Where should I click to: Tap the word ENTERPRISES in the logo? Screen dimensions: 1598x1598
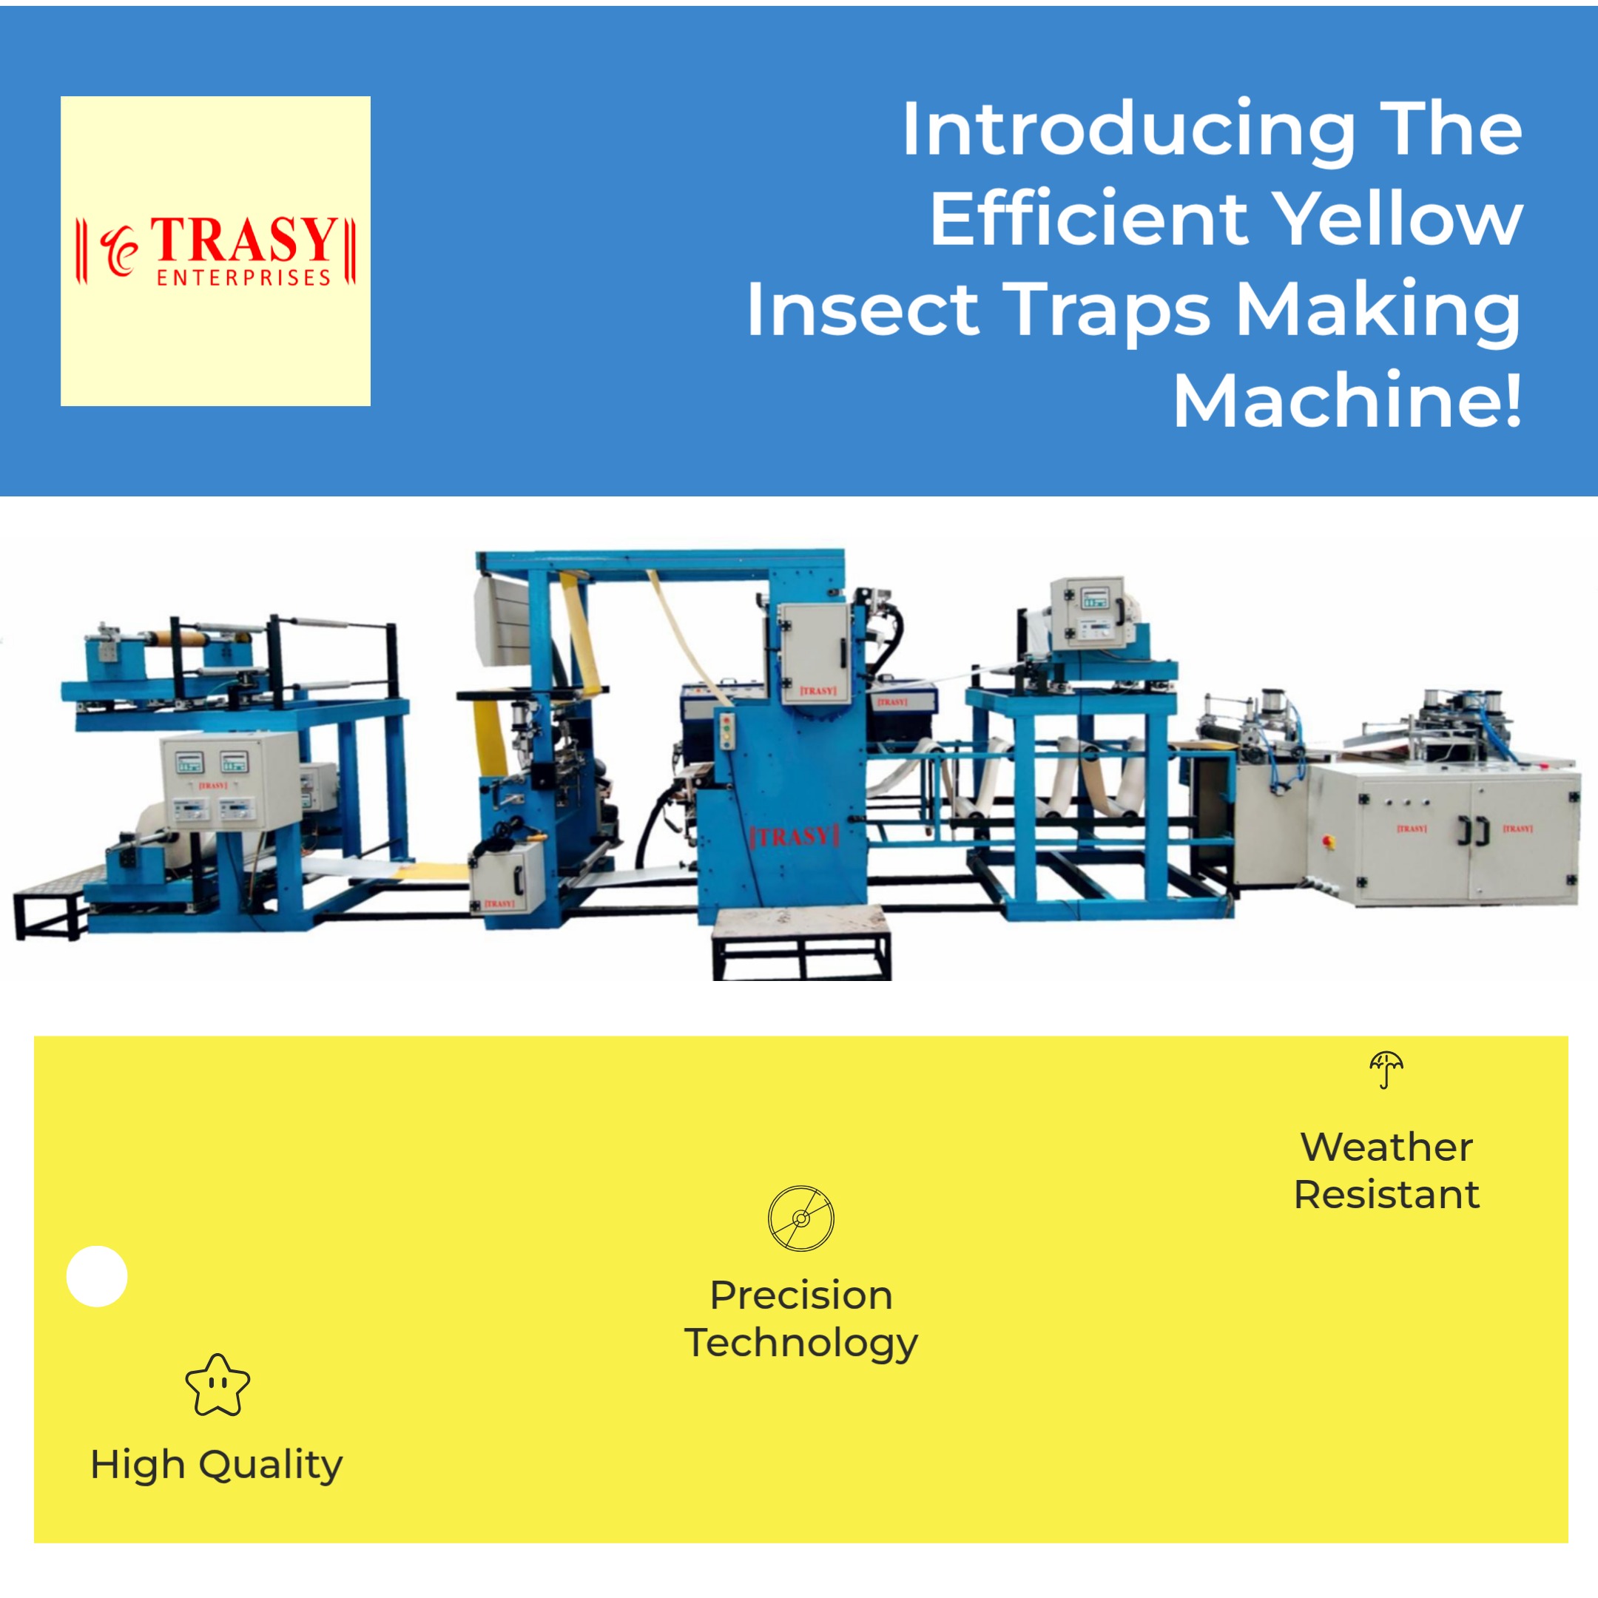243,278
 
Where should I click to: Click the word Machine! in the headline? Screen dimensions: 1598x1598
1346,401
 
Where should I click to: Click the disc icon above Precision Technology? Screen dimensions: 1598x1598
800,1218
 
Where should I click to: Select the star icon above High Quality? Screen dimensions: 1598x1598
218,1386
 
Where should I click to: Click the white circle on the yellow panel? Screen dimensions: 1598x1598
97,1276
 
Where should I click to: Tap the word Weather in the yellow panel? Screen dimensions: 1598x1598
1386,1147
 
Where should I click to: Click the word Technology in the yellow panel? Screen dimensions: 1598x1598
800,1344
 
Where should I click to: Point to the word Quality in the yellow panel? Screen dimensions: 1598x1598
271,1465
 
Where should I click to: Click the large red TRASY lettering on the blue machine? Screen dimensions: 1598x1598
794,836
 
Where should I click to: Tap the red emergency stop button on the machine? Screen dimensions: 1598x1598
1330,842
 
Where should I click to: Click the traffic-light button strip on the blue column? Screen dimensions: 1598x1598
728,731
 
